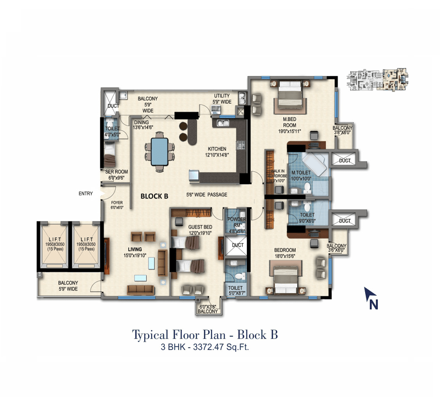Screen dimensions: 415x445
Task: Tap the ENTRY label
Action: [x=86, y=194]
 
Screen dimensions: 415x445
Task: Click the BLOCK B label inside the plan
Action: [x=155, y=196]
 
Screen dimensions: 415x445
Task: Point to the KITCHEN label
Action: [x=216, y=149]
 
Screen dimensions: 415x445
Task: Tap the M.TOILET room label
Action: [x=301, y=173]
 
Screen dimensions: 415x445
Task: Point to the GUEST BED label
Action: [x=200, y=227]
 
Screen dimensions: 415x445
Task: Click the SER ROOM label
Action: [x=116, y=172]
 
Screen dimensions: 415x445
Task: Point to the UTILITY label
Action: [x=222, y=96]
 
